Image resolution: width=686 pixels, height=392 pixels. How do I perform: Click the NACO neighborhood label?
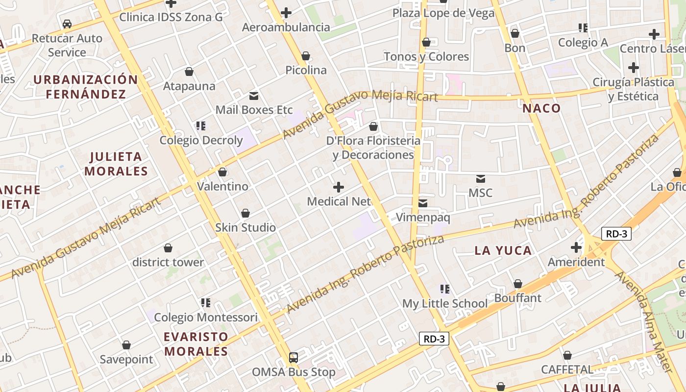[541, 108]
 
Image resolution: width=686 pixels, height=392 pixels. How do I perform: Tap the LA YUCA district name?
[503, 251]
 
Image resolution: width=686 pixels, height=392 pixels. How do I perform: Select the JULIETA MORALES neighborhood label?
[116, 164]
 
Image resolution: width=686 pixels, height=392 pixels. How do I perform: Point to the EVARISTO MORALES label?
[196, 344]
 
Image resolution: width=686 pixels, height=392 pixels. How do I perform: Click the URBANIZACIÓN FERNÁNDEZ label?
[86, 87]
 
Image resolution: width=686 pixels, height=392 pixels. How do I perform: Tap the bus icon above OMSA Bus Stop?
[294, 358]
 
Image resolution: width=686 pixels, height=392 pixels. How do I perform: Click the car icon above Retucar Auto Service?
[67, 24]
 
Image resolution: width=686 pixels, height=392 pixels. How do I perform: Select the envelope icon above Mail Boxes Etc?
[254, 96]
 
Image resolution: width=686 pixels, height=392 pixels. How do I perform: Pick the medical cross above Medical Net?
[339, 187]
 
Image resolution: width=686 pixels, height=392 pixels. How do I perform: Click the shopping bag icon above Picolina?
[306, 56]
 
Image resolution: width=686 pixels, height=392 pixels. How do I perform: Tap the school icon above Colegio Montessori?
[206, 303]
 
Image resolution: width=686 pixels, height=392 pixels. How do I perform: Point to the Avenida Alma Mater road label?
[644, 321]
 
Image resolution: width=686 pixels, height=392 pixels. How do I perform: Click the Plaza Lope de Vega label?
[443, 13]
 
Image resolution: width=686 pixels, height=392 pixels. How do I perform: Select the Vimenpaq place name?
[423, 218]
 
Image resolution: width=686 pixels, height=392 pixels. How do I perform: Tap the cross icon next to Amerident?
[576, 247]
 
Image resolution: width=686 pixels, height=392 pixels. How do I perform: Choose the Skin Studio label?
[245, 227]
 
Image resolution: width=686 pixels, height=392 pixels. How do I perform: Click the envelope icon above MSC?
[480, 179]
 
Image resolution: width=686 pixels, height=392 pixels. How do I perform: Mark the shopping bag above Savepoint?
[126, 345]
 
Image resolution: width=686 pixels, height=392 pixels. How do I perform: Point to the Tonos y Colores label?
[426, 56]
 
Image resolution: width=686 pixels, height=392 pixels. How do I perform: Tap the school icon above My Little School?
[445, 289]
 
